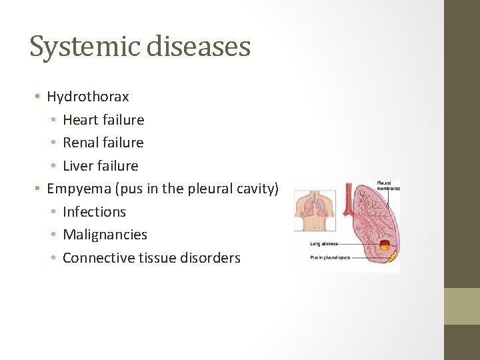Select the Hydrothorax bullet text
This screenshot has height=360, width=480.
(x=88, y=97)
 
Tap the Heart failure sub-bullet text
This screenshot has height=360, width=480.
(x=103, y=120)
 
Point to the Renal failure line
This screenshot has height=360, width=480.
(x=103, y=143)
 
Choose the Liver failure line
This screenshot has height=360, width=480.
(x=101, y=166)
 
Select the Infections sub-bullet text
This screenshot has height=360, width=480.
(x=94, y=212)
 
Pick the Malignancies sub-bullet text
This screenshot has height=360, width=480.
(x=105, y=235)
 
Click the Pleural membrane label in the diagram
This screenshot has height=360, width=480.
(x=388, y=185)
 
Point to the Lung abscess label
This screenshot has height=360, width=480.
(x=323, y=244)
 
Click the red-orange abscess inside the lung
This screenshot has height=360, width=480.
(x=385, y=246)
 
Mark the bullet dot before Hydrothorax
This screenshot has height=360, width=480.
(x=39, y=97)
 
